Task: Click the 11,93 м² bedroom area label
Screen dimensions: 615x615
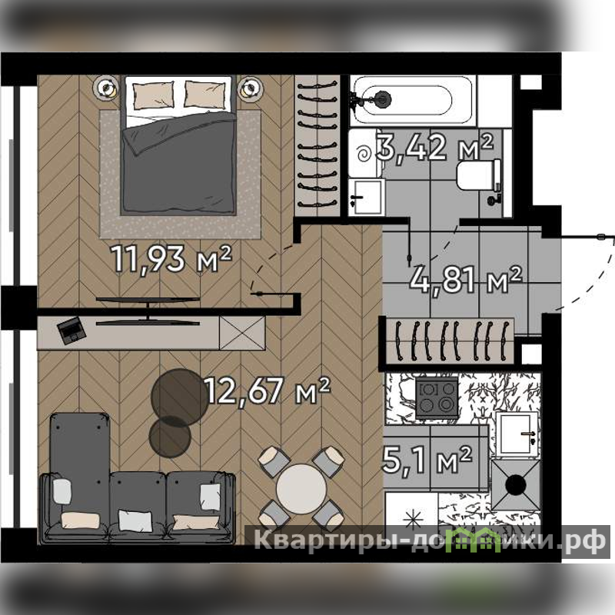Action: pos(171,259)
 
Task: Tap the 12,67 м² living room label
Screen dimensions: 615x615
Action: pos(268,391)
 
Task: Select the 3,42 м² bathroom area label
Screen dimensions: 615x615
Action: pos(434,147)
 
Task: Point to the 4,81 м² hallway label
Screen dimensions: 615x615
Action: pos(466,280)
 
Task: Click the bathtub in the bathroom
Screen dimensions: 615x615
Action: pos(413,100)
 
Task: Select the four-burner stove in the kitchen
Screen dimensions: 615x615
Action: pos(437,397)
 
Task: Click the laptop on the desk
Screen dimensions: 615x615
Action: pos(71,331)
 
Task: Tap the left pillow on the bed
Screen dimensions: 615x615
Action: pos(153,95)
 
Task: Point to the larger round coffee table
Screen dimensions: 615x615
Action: pos(180,397)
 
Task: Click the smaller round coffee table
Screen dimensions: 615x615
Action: pos(170,437)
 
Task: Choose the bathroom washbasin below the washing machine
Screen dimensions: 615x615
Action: pos(365,197)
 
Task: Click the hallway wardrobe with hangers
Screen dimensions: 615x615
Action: pos(450,341)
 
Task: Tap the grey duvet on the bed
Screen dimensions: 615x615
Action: pos(179,163)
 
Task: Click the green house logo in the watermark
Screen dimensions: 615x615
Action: pos(475,540)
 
